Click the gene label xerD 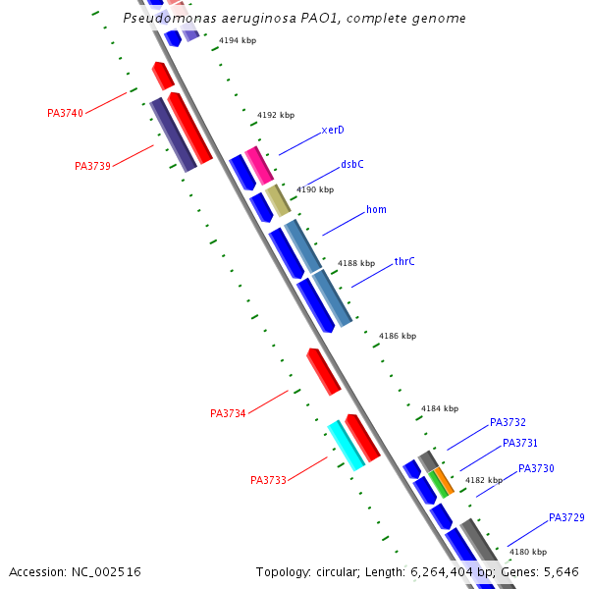click(333, 130)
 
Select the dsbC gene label click(352, 164)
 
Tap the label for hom click(376, 209)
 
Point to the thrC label click(404, 261)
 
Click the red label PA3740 click(65, 113)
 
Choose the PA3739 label click(92, 166)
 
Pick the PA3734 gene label click(228, 413)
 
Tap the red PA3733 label click(268, 480)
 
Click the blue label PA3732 click(508, 422)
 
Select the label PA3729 click(566, 517)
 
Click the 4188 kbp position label click(356, 263)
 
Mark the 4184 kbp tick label click(440, 408)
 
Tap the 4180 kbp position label click(527, 552)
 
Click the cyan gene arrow click(346, 444)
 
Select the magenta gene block click(259, 165)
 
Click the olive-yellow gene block click(279, 200)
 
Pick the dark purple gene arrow click(172, 134)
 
